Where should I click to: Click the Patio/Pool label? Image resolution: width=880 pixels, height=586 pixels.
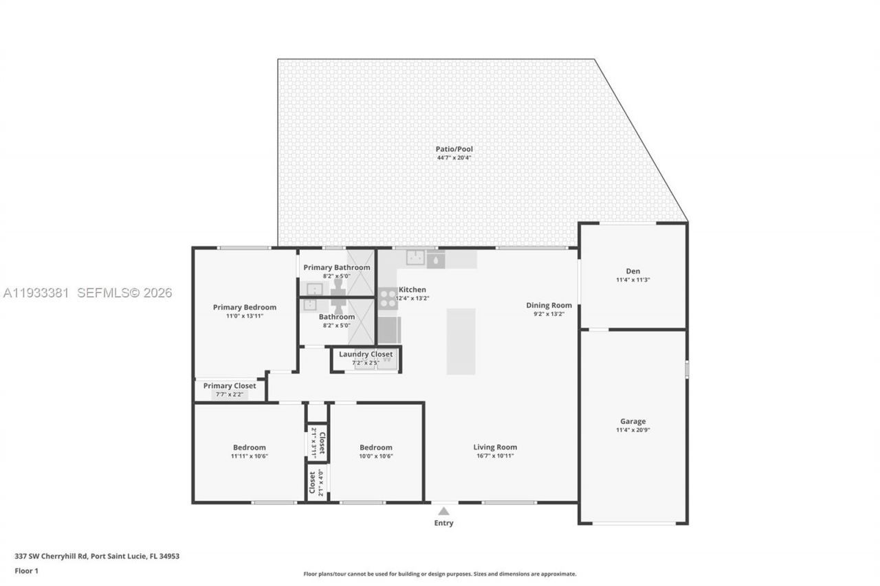454,149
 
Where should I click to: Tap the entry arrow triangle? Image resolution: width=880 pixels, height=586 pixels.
444,511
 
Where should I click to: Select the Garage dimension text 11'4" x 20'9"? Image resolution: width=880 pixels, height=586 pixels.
633,430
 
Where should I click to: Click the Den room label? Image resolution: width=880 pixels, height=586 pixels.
633,271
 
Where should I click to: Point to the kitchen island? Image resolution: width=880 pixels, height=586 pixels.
461,341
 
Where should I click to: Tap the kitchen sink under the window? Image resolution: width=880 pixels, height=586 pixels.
415,258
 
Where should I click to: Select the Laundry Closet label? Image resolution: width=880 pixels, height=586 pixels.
366,354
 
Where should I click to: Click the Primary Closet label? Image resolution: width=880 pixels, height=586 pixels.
230,386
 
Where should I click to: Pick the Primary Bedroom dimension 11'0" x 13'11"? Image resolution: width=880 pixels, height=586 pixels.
245,316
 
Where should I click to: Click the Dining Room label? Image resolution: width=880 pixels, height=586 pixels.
549,306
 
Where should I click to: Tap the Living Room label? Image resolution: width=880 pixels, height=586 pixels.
496,447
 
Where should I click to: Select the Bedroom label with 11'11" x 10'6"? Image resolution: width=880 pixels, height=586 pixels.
249,447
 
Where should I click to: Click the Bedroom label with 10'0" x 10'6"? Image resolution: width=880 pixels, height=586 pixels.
376,447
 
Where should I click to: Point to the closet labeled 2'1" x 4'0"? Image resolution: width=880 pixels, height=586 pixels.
316,482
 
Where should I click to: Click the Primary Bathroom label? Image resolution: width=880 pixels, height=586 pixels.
337,267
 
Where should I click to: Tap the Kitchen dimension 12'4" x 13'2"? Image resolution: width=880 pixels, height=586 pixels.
412,298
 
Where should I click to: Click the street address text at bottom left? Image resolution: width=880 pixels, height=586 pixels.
97,556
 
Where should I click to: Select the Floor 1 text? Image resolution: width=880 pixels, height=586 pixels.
27,571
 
